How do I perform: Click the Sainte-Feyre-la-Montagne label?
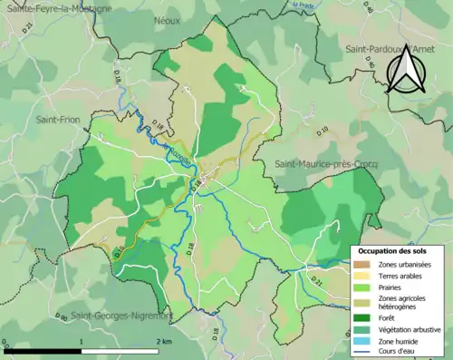click(59, 8)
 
